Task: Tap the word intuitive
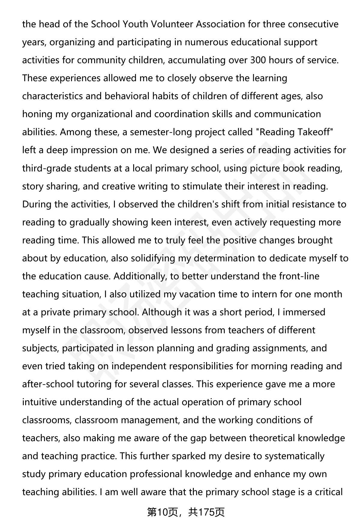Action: [x=39, y=402]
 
